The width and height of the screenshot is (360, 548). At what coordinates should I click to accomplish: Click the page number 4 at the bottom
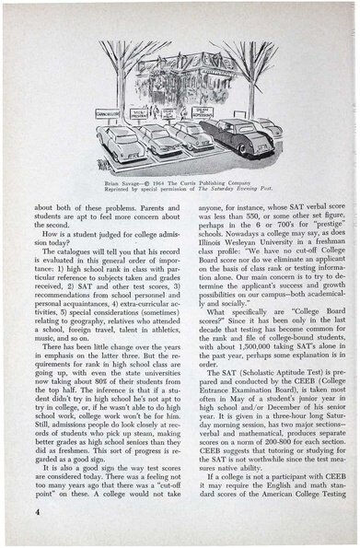35,508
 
